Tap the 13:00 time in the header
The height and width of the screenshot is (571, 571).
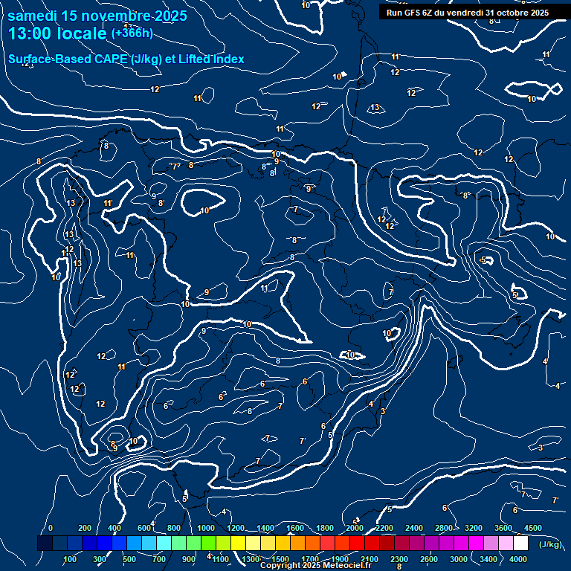tap(29, 33)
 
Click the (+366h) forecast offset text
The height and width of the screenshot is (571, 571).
tap(132, 33)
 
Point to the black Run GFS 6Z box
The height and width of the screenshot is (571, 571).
tap(468, 12)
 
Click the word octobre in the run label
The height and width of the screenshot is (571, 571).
tap(509, 12)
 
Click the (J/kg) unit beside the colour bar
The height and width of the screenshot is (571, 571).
tap(549, 544)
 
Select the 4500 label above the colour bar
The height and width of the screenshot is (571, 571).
tap(533, 528)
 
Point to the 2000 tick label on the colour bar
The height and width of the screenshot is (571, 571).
tap(355, 528)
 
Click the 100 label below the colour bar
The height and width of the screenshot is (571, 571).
tap(71, 559)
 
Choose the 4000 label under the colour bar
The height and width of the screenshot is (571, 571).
tap(518, 559)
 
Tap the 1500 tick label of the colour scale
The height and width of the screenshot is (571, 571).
tap(280, 559)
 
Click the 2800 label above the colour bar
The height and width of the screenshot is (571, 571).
tap(444, 528)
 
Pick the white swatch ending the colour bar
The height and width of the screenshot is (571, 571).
tap(520, 543)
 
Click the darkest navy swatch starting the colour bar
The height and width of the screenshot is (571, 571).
tap(45, 543)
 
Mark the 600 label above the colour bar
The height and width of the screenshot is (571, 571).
tap(143, 528)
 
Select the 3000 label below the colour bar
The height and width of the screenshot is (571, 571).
tap(459, 559)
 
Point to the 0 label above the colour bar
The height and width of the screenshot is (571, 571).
tap(51, 528)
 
